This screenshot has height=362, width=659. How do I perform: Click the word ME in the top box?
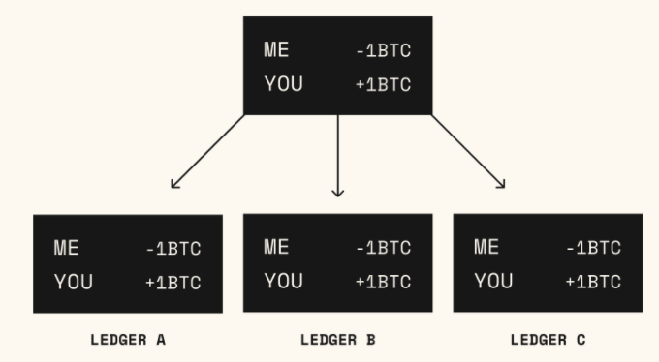click(x=276, y=51)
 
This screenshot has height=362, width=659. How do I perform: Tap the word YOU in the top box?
click(x=283, y=85)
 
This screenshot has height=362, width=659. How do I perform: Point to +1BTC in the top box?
click(x=383, y=85)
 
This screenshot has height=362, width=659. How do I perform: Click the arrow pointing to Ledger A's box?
click(x=206, y=151)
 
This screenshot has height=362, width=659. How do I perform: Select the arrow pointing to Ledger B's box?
click(x=337, y=155)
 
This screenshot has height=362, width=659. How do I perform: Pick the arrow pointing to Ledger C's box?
click(x=468, y=151)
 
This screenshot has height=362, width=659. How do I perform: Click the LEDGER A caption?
click(x=128, y=340)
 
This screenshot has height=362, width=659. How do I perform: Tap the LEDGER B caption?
click(x=337, y=340)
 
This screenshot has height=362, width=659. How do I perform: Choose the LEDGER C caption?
click(x=548, y=340)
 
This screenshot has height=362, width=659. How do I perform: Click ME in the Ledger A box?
click(x=66, y=248)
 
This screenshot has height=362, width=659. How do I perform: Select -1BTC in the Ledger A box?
click(x=173, y=249)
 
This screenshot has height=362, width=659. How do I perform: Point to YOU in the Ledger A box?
click(x=73, y=282)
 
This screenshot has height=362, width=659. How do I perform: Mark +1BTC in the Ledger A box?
click(x=173, y=283)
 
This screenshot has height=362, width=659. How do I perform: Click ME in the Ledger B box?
click(x=276, y=247)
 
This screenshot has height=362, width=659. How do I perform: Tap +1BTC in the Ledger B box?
click(x=383, y=282)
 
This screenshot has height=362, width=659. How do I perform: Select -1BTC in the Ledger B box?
click(x=383, y=248)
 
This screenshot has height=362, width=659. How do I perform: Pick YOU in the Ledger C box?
click(x=493, y=281)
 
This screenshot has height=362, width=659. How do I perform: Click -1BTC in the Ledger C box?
click(x=593, y=248)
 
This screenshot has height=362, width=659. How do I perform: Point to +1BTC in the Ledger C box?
click(x=593, y=282)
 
